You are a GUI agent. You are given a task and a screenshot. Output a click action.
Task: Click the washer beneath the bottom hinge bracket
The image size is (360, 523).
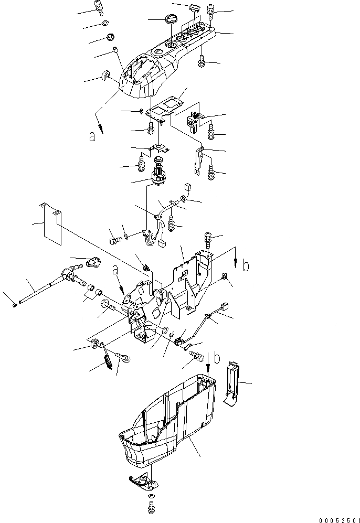pyautogui.click(x=151, y=496)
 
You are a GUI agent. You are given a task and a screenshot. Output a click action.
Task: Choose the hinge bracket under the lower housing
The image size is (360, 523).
pyautogui.click(x=141, y=479)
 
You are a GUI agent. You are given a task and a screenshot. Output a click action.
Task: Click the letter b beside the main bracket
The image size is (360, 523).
pyautogui.click(x=246, y=266)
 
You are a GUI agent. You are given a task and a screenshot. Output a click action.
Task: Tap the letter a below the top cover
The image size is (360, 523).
pyautogui.click(x=92, y=137)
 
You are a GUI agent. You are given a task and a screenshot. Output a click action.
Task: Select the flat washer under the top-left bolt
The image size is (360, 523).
pyautogui.click(x=104, y=24)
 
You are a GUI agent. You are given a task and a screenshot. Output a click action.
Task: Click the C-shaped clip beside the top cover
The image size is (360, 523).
pyautogui.click(x=107, y=77)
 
